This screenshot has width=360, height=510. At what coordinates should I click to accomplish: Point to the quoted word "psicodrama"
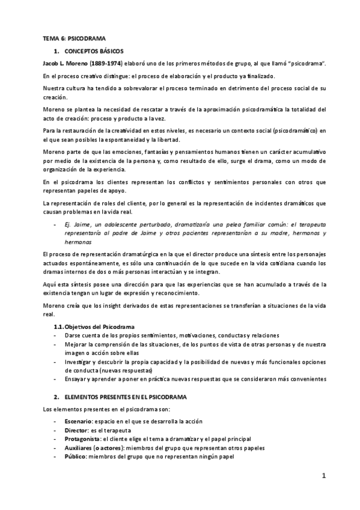coord(304,63)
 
